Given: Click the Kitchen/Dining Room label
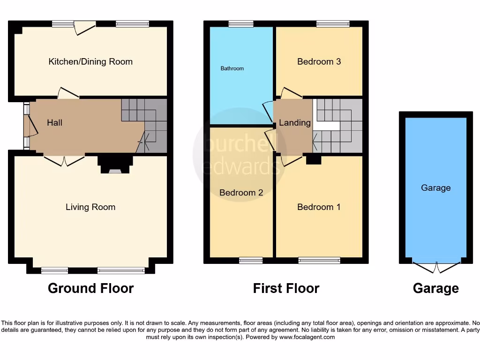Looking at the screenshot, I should click(x=90, y=61).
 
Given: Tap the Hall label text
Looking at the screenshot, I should click(x=54, y=123).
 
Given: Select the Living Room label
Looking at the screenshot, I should click(x=90, y=207).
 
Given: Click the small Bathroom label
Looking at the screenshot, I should click(x=232, y=68).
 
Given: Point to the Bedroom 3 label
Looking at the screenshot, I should click(x=319, y=61).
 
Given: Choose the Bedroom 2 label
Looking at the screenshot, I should click(x=241, y=193).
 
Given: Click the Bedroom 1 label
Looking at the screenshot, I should click(x=319, y=207).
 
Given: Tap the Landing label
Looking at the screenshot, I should click(x=294, y=123).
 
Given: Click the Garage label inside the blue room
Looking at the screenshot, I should click(x=435, y=188).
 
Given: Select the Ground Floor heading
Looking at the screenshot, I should click(x=90, y=288).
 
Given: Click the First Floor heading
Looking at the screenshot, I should click(x=286, y=288).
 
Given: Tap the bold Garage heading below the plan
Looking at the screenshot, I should click(x=435, y=288).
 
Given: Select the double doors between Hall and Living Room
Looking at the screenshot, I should click(x=64, y=161).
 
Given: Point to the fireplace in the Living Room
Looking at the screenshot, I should click(x=115, y=165).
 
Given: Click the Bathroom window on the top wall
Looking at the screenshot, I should click(x=241, y=24).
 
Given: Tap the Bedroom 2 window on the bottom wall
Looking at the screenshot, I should click(x=251, y=261).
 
